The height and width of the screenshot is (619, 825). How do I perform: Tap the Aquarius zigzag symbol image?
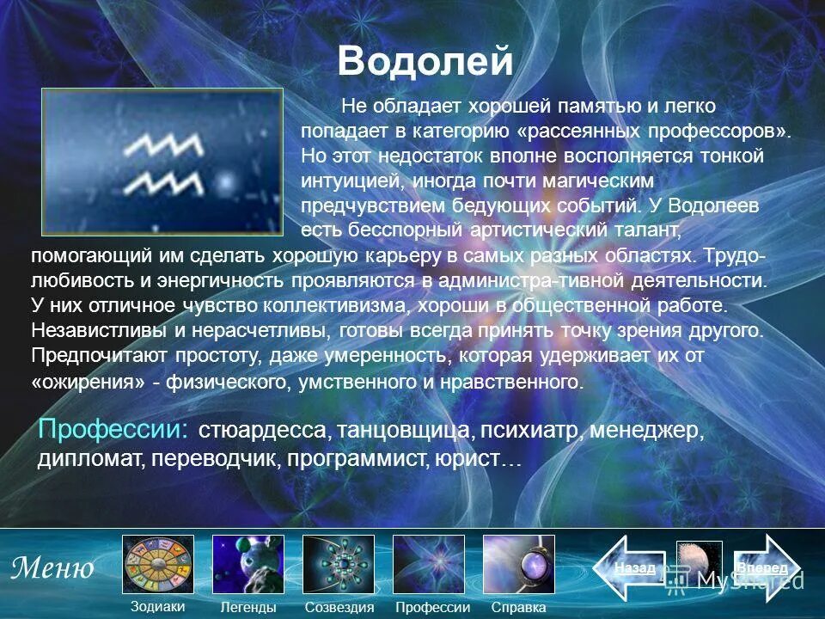click(163, 162)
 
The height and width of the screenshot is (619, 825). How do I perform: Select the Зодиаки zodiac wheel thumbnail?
click(158, 564)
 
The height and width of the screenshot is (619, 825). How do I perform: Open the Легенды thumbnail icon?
click(247, 564)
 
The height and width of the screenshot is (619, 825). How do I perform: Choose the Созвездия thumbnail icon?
click(339, 564)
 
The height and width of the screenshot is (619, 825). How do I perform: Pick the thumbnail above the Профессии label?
click(429, 564)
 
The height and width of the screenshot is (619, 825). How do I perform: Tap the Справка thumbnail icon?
click(519, 564)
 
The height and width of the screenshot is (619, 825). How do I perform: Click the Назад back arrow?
click(632, 568)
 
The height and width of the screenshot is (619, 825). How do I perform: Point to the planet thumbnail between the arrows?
click(699, 567)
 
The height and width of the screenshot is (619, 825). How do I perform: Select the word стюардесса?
click(262, 430)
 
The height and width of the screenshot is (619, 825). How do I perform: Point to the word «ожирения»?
click(87, 383)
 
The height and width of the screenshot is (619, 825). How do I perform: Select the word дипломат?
click(91, 458)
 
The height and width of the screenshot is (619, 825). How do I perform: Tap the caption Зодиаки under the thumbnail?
click(157, 606)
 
